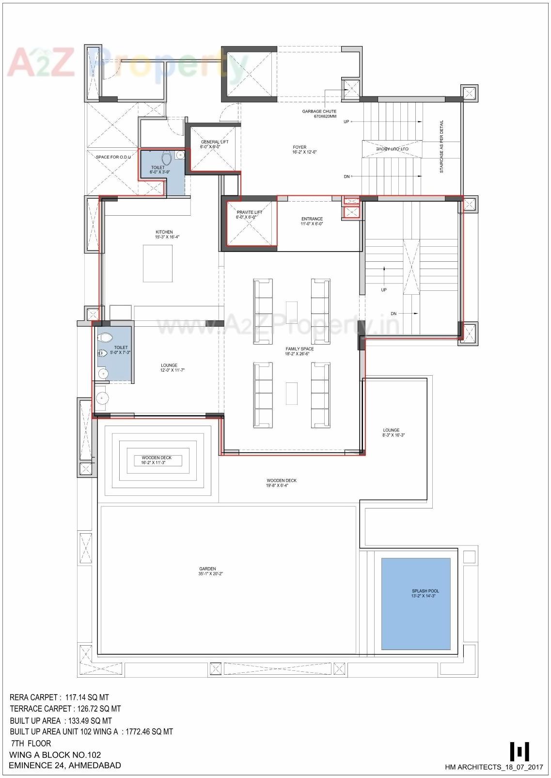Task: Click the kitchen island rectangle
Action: (157, 263)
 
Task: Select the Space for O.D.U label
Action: (113, 157)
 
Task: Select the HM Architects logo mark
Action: (519, 751)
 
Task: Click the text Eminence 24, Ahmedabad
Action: (65, 765)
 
